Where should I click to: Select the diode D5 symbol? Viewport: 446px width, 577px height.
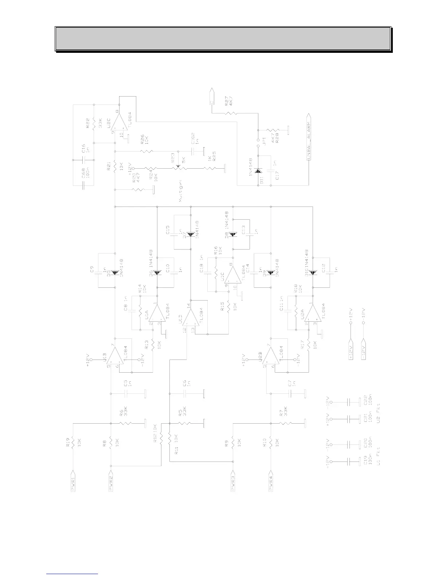(x=115, y=272)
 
